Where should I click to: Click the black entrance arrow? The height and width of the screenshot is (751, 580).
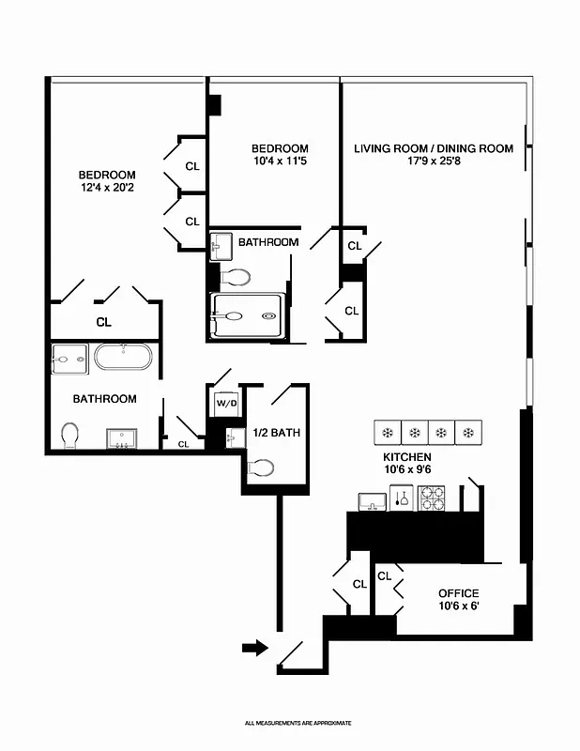[x=254, y=647]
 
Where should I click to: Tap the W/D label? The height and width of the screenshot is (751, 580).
[x=226, y=404]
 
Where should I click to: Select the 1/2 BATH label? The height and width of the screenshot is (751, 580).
[x=277, y=433]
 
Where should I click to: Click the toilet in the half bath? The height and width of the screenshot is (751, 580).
[x=261, y=467]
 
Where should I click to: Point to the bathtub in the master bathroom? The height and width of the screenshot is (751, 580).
[x=123, y=357]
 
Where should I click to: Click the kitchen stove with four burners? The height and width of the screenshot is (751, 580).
[x=432, y=498]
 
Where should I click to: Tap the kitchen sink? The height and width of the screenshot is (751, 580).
[x=372, y=500]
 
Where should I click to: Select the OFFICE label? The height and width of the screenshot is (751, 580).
[x=459, y=593]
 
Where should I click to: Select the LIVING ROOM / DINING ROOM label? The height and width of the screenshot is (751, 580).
[x=433, y=148]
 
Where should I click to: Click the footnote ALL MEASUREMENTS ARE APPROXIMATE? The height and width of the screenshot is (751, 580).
[x=298, y=723]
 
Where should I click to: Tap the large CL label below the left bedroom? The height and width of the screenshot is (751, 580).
[x=103, y=322]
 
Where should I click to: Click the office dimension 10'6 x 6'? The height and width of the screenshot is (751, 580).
[x=459, y=607]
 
